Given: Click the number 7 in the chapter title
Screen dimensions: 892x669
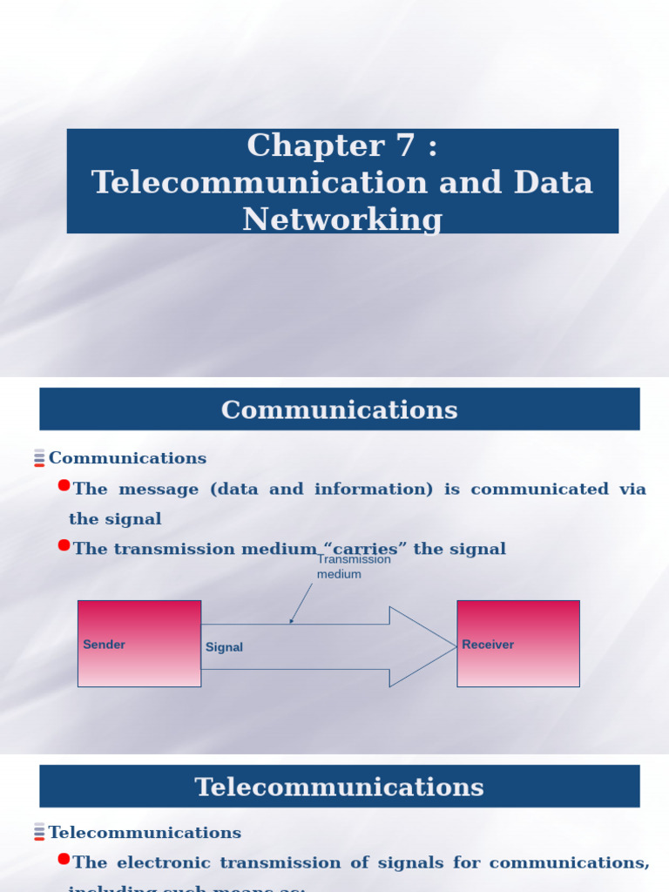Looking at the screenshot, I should pyautogui.click(x=405, y=145).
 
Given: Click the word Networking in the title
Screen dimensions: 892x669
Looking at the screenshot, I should pyautogui.click(x=342, y=219).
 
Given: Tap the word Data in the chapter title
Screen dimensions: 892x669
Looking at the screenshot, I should pyautogui.click(x=553, y=183).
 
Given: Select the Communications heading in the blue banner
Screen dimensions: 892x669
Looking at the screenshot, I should pyautogui.click(x=339, y=409).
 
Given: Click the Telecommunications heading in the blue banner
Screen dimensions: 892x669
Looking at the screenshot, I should pyautogui.click(x=339, y=787).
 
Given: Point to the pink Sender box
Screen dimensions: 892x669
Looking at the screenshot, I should pyautogui.click(x=139, y=643).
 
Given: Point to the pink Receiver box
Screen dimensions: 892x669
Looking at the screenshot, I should pyautogui.click(x=518, y=643).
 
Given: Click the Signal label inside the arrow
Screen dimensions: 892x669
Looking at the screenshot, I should pyautogui.click(x=224, y=647).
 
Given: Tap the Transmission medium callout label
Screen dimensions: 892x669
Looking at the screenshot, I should pyautogui.click(x=353, y=567).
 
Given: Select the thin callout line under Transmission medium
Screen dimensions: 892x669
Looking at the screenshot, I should pyautogui.click(x=301, y=602).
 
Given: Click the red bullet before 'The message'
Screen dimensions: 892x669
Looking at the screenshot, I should pyautogui.click(x=64, y=485).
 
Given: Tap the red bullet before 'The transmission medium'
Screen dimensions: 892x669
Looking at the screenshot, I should pyautogui.click(x=64, y=545).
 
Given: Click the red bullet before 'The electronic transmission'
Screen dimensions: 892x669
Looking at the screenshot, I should pyautogui.click(x=64, y=859).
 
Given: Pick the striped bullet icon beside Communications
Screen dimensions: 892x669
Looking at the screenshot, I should pyautogui.click(x=39, y=457).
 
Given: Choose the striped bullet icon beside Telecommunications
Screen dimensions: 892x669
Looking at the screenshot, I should pyautogui.click(x=39, y=832).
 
